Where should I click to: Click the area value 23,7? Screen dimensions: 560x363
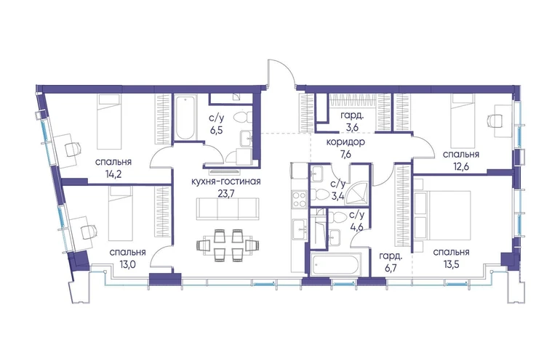225,193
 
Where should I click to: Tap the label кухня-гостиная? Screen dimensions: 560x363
226,181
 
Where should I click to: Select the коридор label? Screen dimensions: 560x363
345,142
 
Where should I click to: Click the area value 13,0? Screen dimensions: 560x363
127,264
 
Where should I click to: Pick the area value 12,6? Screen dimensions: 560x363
460,166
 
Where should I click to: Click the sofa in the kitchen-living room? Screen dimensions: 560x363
228,209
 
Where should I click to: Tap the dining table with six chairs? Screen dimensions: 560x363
228,245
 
